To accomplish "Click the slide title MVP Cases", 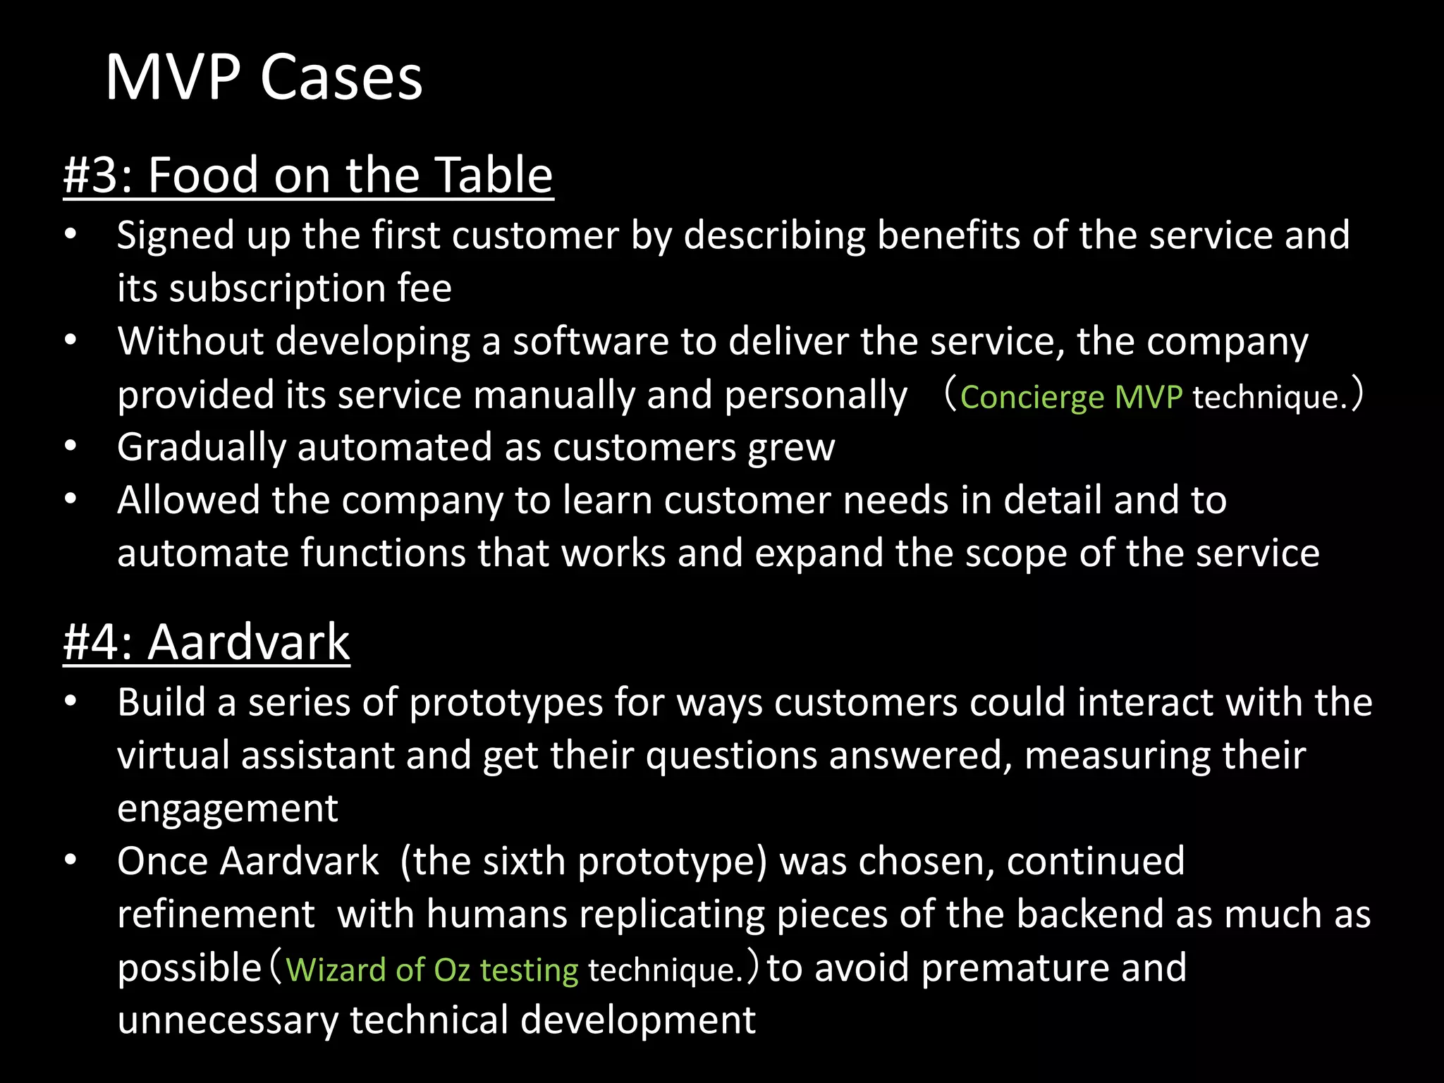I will [x=264, y=78].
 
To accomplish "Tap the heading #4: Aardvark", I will [x=207, y=642].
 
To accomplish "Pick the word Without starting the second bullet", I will [x=190, y=341].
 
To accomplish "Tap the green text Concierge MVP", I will [x=1071, y=397].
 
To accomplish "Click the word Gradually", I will [x=201, y=448].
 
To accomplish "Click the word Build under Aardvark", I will [x=161, y=703].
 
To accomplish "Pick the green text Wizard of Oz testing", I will [x=432, y=969].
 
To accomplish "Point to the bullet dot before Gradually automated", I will [x=70, y=447].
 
